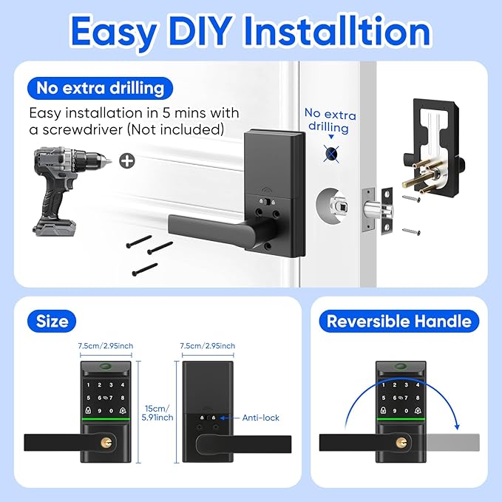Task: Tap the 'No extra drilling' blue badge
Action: tap(101, 89)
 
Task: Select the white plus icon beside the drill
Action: tap(128, 161)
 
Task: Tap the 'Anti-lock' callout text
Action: tap(261, 418)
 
